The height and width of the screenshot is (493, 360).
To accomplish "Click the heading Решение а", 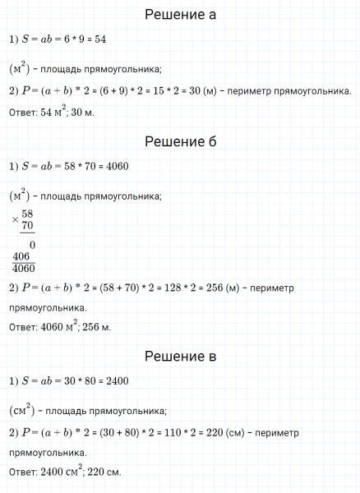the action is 180,15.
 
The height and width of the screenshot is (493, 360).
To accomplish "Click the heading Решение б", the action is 180,142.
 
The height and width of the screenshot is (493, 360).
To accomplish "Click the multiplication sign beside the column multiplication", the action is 15,220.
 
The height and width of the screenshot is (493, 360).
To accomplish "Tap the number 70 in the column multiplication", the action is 27,225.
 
